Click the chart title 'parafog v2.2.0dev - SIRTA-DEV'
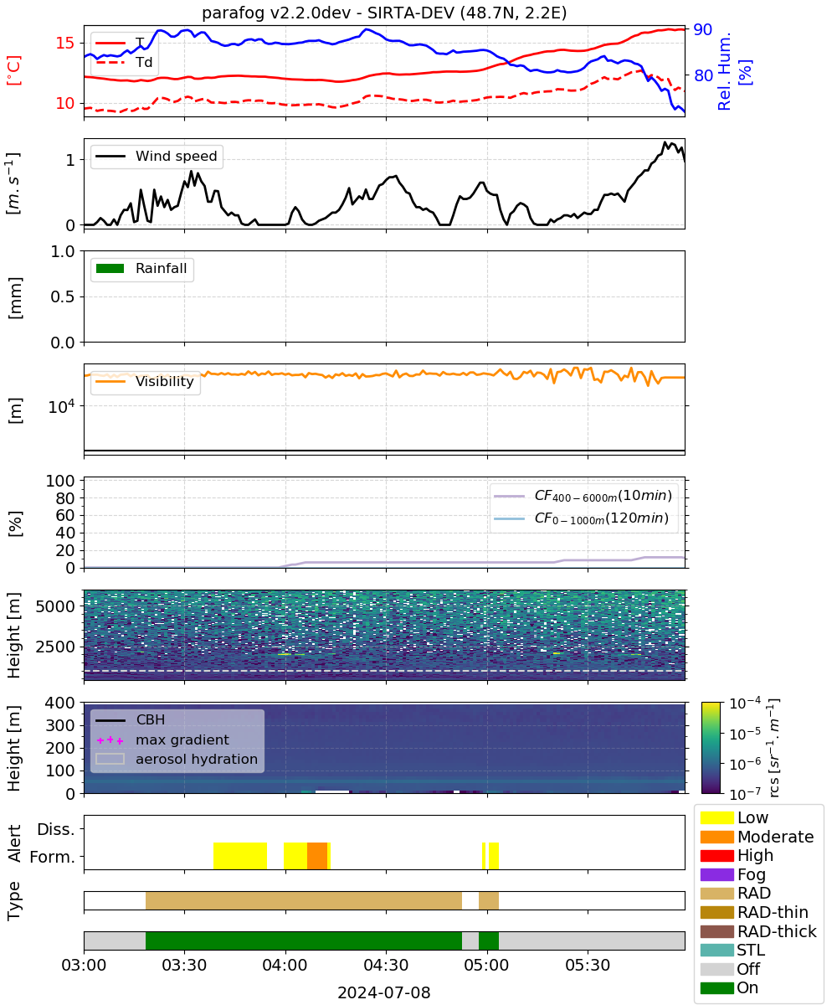coord(327,13)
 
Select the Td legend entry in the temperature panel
coord(124,62)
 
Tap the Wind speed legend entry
coord(157,156)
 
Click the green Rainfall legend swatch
coord(110,268)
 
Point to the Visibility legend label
coord(165,381)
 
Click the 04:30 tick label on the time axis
coord(386,965)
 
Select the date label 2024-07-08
coord(384,992)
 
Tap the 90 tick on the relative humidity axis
coord(702,29)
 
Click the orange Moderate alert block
coord(317,855)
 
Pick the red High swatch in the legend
coord(716,855)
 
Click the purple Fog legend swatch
coord(716,874)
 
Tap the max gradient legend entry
coord(162,740)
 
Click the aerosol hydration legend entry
coord(177,759)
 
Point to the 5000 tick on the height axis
coord(55,606)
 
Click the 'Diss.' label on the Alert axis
coord(56,829)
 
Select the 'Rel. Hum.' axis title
coord(724,71)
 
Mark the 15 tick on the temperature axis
coord(65,43)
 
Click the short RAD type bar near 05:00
coord(488,900)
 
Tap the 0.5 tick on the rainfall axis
coord(63,296)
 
